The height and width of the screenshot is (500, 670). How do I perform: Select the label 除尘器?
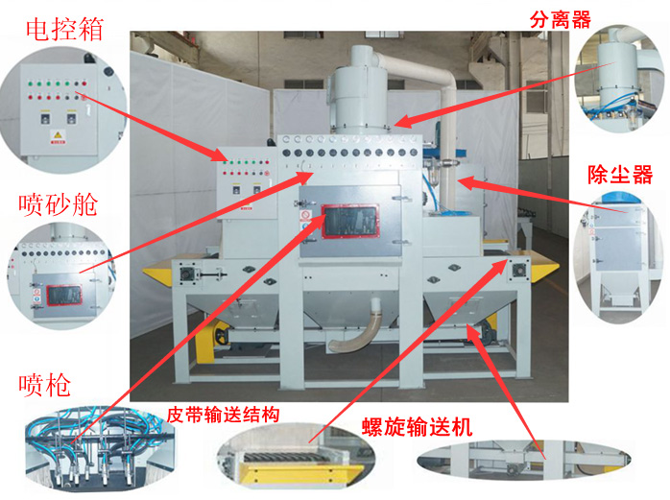coord(619,175)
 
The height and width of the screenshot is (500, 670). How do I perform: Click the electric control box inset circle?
coord(58,108)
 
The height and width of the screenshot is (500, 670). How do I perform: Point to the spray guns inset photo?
coord(90,449)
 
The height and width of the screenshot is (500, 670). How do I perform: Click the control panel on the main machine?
coord(244,178)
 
